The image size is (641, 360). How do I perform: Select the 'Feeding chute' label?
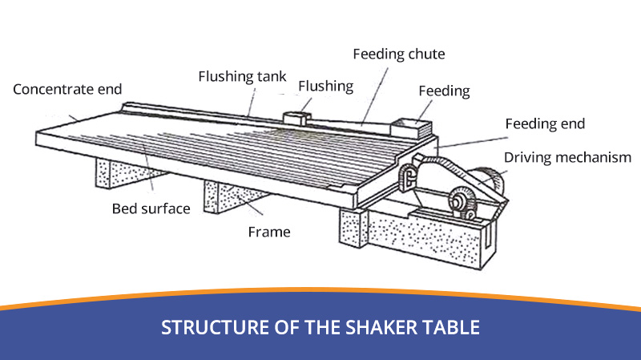[398, 55]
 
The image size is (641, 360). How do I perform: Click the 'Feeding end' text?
[545, 123]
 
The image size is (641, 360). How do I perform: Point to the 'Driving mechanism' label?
[567, 157]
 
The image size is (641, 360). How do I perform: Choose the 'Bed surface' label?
[151, 208]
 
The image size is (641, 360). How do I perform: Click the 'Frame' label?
[268, 233]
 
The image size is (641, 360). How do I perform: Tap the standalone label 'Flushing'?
[325, 86]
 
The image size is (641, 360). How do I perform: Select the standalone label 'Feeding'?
[444, 91]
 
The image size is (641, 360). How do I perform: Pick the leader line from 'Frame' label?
[255, 210]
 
